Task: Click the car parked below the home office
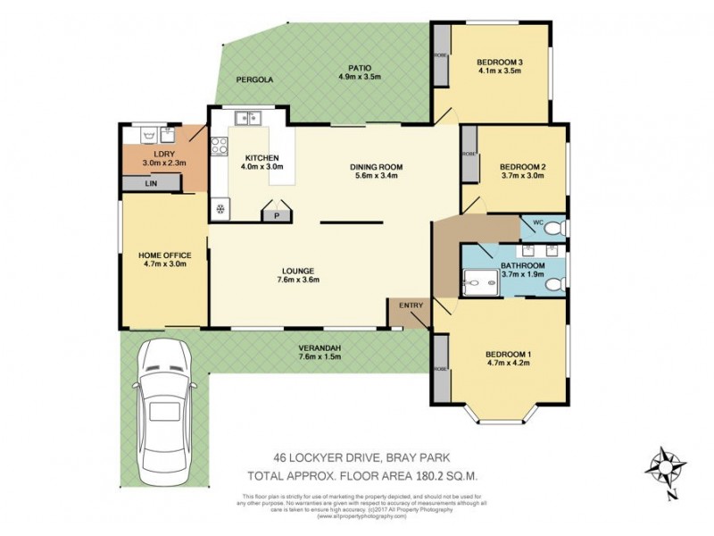(162, 401)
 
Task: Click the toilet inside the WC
(555, 229)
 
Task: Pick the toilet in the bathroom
(554, 284)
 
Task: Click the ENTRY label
(411, 306)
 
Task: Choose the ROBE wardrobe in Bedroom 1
(441, 369)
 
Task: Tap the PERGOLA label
(254, 80)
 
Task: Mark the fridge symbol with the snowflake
(220, 210)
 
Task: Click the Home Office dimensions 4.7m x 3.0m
(162, 264)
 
